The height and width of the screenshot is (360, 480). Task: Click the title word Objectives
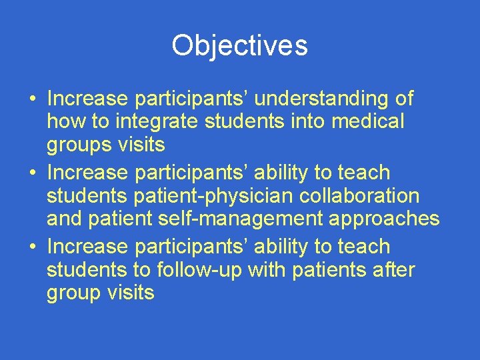239,45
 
